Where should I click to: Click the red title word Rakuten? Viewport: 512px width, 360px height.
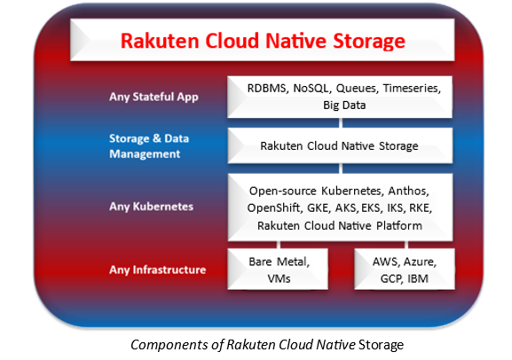160,41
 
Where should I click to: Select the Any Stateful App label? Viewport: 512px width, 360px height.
154,97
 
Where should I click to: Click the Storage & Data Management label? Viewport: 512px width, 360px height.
149,146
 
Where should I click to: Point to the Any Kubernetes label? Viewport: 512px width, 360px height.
151,207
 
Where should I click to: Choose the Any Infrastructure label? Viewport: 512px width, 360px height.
158,270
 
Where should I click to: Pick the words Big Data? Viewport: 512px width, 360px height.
344,106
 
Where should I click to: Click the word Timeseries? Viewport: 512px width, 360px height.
412,88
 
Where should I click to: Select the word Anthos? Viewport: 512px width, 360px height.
408,191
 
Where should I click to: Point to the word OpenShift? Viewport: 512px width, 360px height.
274,207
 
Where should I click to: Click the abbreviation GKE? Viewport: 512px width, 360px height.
318,207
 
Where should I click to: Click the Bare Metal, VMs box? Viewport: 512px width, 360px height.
278,269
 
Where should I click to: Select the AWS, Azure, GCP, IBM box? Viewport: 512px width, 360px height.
405,269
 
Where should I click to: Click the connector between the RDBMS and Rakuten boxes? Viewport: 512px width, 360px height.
341,123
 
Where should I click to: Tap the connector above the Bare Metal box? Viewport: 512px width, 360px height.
279,245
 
